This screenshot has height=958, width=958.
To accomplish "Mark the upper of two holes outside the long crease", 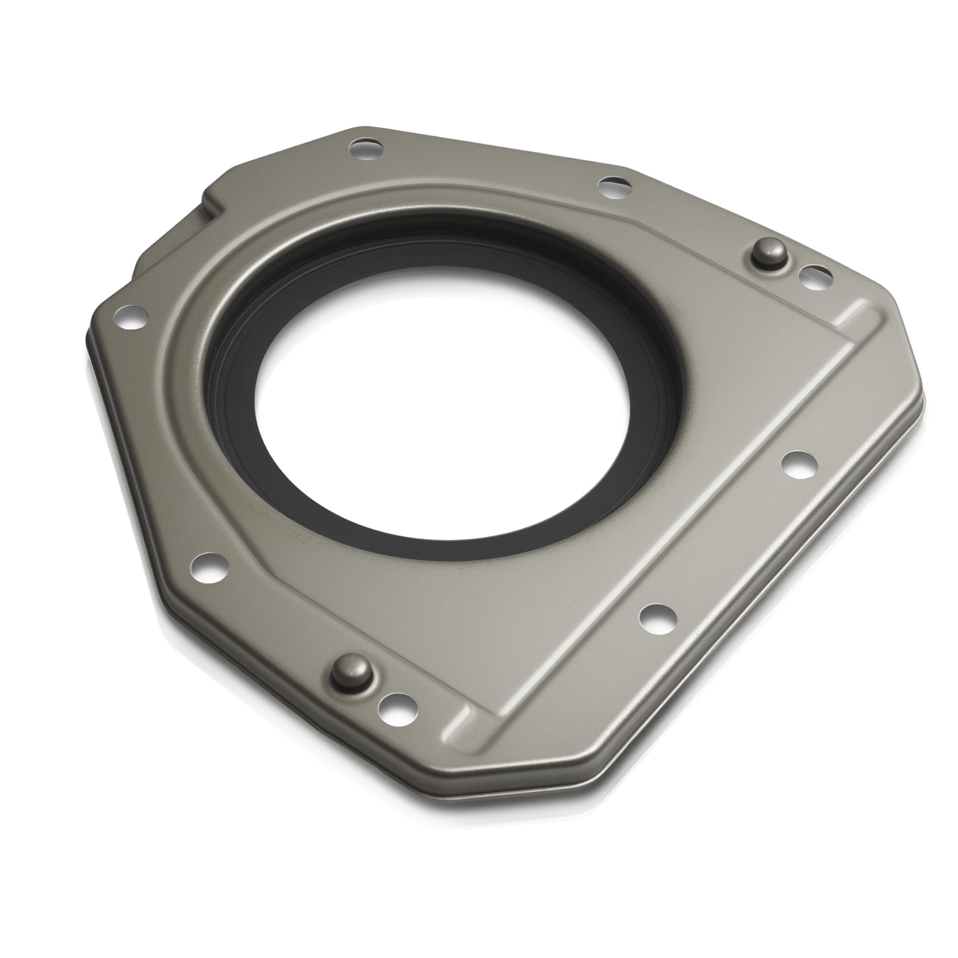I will click(x=799, y=465).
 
